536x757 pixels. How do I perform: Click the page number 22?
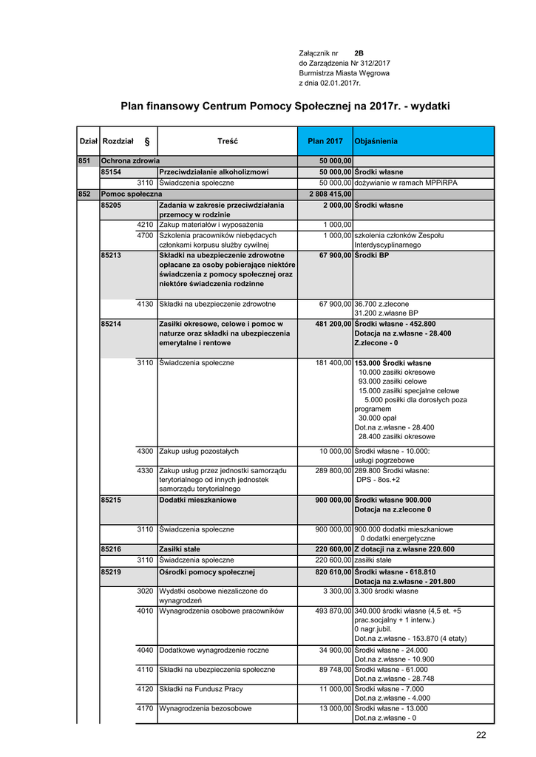481,735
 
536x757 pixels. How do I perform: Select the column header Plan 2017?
325,140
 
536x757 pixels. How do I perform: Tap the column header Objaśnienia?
376,140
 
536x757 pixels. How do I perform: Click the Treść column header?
228,140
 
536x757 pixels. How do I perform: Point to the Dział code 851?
84,160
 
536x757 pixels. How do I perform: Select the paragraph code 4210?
146,225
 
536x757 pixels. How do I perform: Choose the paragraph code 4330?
146,470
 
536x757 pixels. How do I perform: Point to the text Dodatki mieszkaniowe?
198,500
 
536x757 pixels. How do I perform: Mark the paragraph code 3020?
146,591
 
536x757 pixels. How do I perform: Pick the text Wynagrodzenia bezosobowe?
204,708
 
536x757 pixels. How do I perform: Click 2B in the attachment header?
359,53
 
